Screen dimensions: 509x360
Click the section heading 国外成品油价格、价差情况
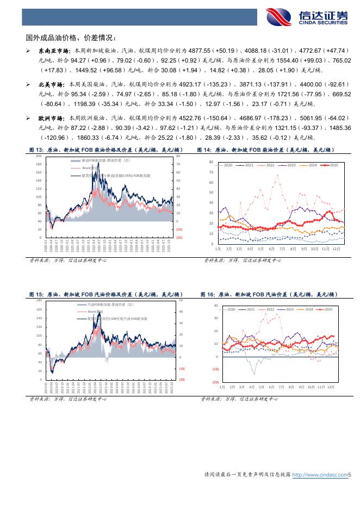pos(71,38)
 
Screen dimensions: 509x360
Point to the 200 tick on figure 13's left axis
pos(39,156)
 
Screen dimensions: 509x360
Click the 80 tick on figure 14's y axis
pos(211,162)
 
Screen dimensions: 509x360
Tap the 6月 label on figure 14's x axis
pos(271,248)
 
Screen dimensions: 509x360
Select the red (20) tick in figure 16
pos(216,382)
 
